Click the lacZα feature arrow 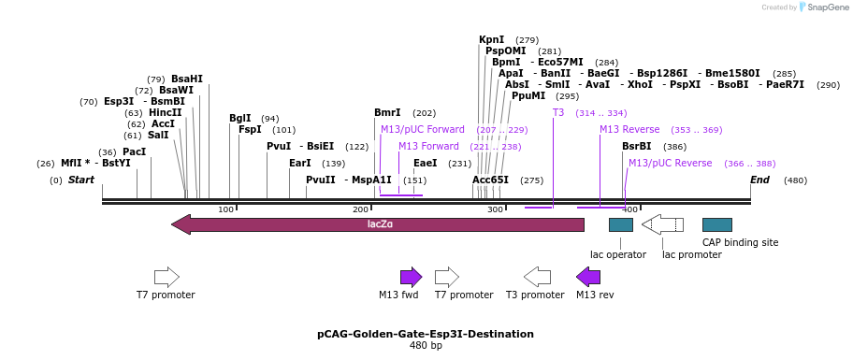[x=378, y=224]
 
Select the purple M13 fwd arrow [x=411, y=277]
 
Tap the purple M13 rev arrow [x=588, y=277]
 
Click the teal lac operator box [x=620, y=224]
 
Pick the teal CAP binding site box [x=716, y=224]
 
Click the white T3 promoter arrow [x=537, y=277]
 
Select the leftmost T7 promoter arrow [x=166, y=277]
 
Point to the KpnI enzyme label [x=491, y=40]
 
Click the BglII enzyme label [x=240, y=119]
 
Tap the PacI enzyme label [x=134, y=151]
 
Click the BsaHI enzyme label [x=186, y=79]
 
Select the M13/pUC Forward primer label [x=422, y=129]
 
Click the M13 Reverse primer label [x=629, y=129]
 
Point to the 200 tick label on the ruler [x=361, y=209]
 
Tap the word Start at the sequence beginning [x=81, y=180]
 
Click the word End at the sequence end [x=759, y=180]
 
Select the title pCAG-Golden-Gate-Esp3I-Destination [x=426, y=334]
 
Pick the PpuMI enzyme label [x=528, y=95]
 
